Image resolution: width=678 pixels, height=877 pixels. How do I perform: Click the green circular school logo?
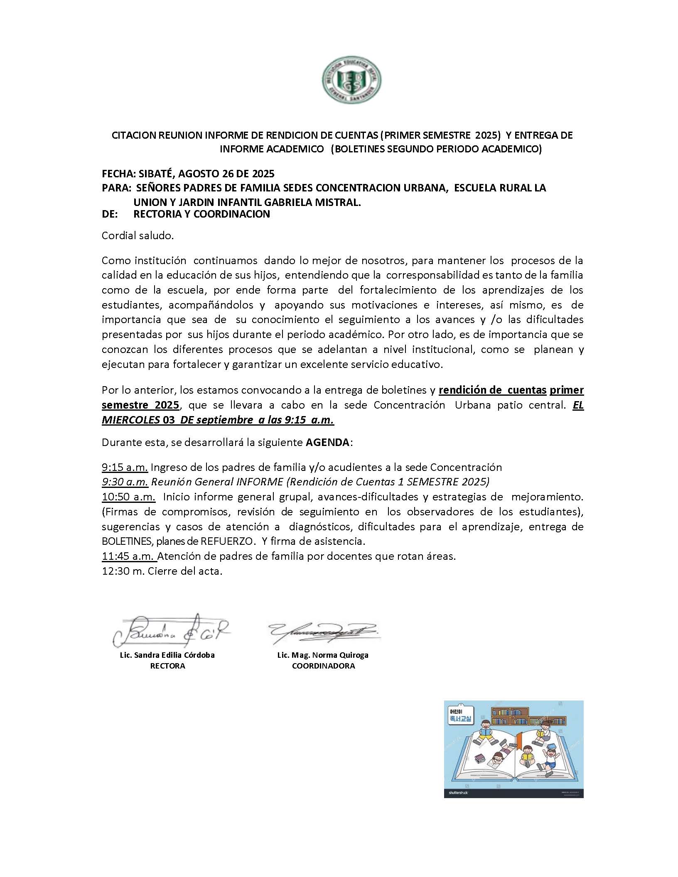[352, 82]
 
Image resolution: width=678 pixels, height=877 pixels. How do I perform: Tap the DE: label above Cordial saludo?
[110, 214]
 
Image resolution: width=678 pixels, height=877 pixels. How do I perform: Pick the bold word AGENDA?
[327, 442]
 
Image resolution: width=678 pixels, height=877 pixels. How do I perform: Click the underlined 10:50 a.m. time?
[129, 497]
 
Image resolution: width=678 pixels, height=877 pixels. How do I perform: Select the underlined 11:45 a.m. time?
[129, 556]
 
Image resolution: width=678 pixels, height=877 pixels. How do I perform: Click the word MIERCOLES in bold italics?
[130, 420]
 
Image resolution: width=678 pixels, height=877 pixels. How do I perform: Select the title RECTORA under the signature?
[167, 666]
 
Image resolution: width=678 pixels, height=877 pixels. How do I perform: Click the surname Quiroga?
[353, 655]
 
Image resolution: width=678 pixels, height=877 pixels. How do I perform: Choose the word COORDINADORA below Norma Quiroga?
[323, 666]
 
